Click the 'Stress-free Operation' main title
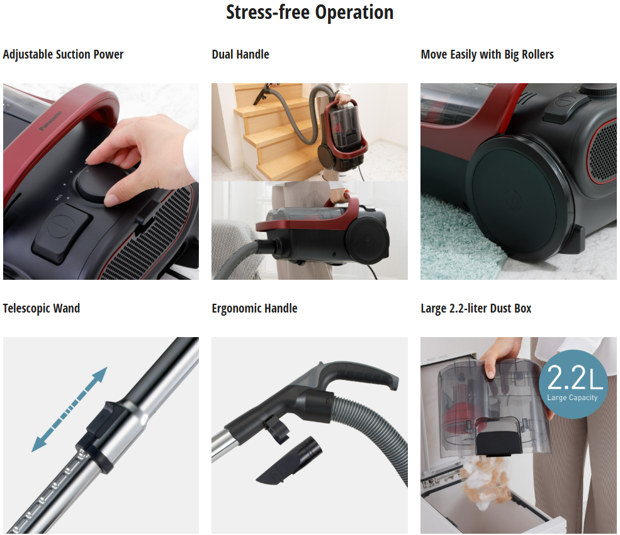click(x=310, y=12)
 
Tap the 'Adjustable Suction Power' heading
click(x=64, y=54)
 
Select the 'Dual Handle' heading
click(x=240, y=54)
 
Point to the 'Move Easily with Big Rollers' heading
click(x=487, y=54)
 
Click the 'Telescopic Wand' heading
click(x=42, y=308)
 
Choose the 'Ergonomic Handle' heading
click(x=255, y=308)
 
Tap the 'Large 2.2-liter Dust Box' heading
click(x=476, y=308)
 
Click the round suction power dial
click(x=98, y=182)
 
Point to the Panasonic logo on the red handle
click(x=50, y=121)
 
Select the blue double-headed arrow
click(x=70, y=409)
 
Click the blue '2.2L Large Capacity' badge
click(x=573, y=384)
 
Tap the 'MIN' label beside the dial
click(x=59, y=197)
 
